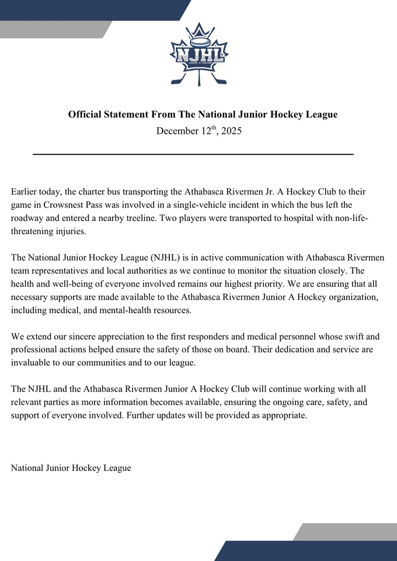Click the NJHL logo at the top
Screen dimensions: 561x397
(x=198, y=56)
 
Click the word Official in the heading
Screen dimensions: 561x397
(x=86, y=115)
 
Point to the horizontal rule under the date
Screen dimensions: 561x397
(x=193, y=154)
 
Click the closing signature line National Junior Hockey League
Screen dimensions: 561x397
(x=71, y=468)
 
